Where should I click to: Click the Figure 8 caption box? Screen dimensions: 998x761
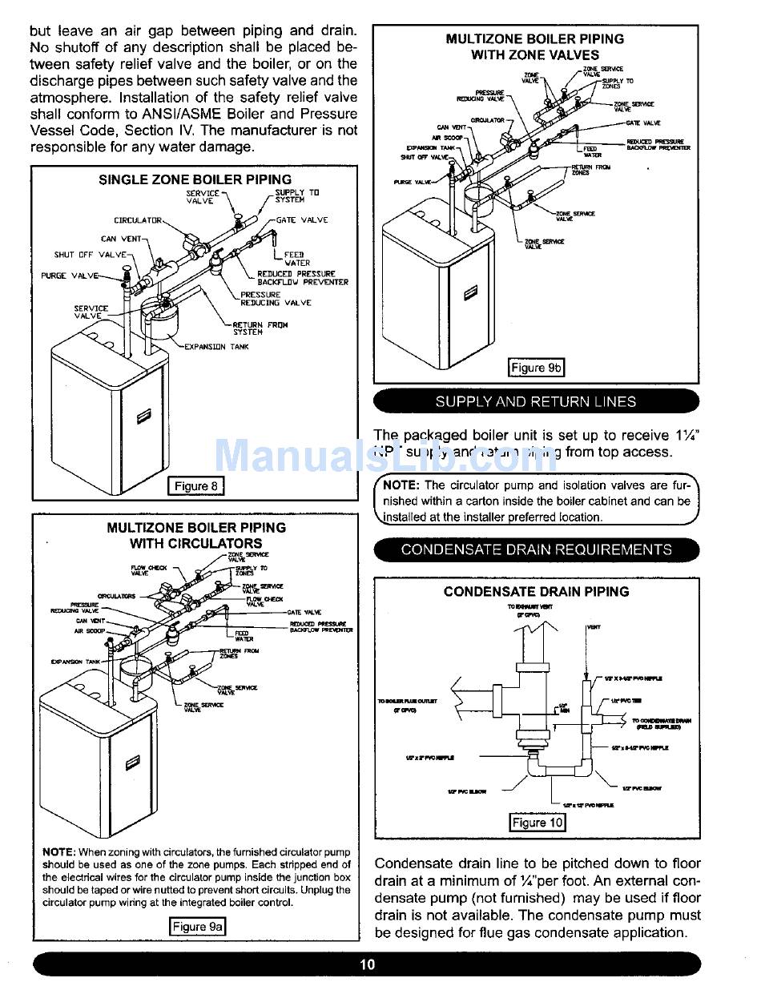[x=195, y=486]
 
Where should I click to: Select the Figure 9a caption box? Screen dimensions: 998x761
[x=197, y=927]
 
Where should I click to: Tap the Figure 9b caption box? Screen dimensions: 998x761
[x=536, y=368]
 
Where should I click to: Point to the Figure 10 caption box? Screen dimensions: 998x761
[x=538, y=823]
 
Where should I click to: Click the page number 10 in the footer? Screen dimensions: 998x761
[x=367, y=964]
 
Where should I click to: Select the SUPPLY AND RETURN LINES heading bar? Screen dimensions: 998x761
[x=536, y=401]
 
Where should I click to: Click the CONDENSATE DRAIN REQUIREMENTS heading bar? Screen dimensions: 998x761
[x=536, y=549]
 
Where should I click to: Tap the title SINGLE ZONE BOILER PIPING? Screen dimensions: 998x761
[x=195, y=179]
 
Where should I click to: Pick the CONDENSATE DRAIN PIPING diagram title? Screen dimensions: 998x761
[x=537, y=591]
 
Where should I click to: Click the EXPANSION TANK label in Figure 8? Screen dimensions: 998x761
[x=216, y=347]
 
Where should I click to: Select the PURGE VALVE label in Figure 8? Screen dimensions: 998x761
[x=70, y=276]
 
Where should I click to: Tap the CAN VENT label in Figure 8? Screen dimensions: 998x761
[x=121, y=239]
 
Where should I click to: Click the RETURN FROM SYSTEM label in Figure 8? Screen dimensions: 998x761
[x=260, y=328]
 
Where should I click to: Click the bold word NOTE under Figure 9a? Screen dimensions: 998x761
[x=58, y=852]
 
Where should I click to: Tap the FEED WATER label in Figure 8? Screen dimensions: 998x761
[x=297, y=259]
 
